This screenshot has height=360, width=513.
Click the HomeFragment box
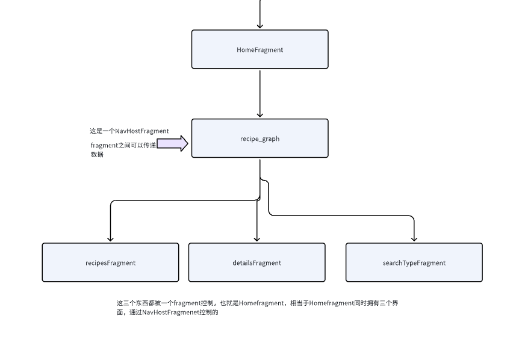pyautogui.click(x=260, y=49)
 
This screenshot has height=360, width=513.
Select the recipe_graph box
pyautogui.click(x=260, y=138)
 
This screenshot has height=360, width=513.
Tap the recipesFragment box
pyautogui.click(x=110, y=262)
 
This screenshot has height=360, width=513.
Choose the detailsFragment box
pyautogui.click(x=257, y=262)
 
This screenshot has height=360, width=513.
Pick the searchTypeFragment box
pyautogui.click(x=414, y=262)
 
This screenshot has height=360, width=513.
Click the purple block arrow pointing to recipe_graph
pyautogui.click(x=172, y=143)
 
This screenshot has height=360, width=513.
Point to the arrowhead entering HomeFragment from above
pyautogui.click(x=260, y=26)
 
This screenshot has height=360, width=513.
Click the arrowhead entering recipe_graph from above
pyautogui.click(x=260, y=115)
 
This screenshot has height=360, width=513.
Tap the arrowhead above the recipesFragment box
pyautogui.click(x=110, y=239)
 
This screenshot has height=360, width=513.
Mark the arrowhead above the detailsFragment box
pyautogui.click(x=257, y=239)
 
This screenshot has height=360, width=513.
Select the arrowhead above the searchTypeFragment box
pyautogui.click(x=414, y=239)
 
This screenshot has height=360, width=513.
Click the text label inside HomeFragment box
pyautogui.click(x=260, y=50)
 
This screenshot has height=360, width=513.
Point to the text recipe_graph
pyautogui.click(x=260, y=138)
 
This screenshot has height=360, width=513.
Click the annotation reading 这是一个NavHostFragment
pyautogui.click(x=129, y=131)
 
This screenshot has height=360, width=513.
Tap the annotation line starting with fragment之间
pyautogui.click(x=123, y=145)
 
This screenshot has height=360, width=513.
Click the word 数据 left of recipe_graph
pyautogui.click(x=97, y=154)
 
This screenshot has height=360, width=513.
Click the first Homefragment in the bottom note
pyautogui.click(x=261, y=303)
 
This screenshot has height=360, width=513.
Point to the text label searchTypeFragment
pyautogui.click(x=414, y=263)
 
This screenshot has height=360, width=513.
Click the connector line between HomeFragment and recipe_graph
pyautogui.click(x=260, y=93)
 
